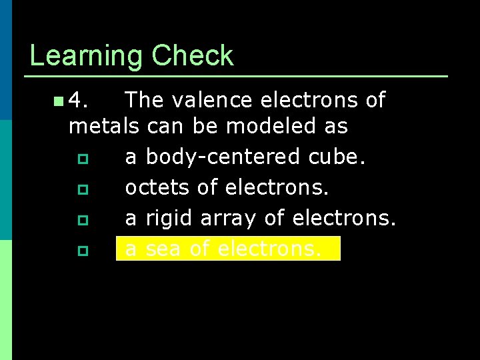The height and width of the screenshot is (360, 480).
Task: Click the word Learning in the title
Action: click(87, 57)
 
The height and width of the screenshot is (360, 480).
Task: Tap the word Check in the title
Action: click(193, 55)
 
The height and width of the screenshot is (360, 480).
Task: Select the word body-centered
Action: click(223, 157)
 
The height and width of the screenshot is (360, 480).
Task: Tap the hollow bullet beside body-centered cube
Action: click(82, 159)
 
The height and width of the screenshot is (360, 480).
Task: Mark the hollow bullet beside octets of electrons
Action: click(82, 189)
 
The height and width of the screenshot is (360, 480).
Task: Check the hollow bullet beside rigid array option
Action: click(82, 220)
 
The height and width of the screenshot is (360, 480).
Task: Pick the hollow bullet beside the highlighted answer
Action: click(82, 251)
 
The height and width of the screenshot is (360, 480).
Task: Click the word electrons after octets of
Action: click(277, 187)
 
